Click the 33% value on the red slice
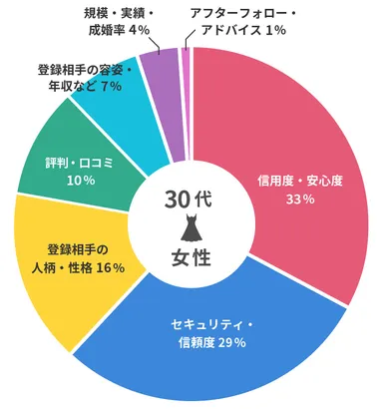click(x=300, y=200)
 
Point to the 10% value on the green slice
click(x=81, y=181)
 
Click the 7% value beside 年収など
click(x=111, y=87)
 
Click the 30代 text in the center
click(x=191, y=199)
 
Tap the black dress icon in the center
click(x=191, y=229)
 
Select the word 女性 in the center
click(x=191, y=260)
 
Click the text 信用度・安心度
click(x=299, y=181)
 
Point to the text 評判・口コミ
click(x=82, y=163)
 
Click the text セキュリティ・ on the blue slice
click(x=212, y=325)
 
